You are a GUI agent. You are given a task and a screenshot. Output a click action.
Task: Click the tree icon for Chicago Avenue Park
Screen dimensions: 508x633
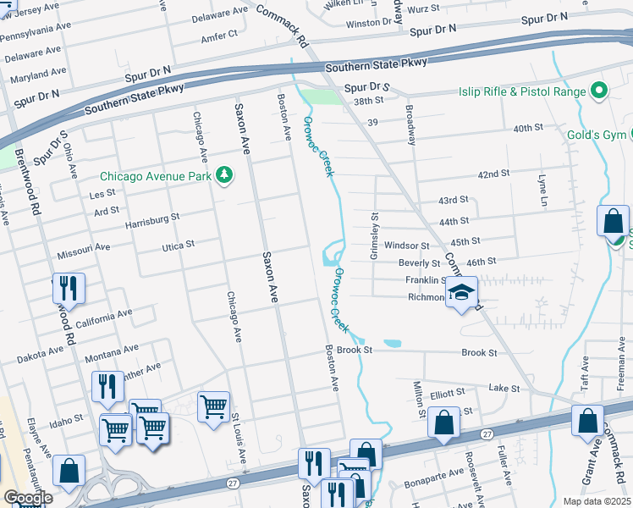224,176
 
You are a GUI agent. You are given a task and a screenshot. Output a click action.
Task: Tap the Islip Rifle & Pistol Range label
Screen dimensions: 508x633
525,91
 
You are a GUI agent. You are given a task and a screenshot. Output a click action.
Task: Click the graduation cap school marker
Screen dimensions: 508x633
461,293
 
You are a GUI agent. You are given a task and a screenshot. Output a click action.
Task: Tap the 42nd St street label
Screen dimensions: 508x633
493,174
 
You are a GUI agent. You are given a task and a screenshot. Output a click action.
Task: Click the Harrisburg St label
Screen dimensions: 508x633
152,218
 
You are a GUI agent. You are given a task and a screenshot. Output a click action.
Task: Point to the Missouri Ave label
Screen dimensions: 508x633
84,250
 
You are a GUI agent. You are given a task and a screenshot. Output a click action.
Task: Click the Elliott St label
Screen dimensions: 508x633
448,393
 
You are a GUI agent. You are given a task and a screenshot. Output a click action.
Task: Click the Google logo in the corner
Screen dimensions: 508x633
29,498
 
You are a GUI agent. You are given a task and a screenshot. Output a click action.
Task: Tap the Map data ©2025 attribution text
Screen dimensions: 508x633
596,501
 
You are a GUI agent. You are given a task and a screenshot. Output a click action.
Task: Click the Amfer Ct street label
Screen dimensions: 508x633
219,38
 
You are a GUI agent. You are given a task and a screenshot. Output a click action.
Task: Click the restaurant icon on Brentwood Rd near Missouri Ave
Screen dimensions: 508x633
69,288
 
